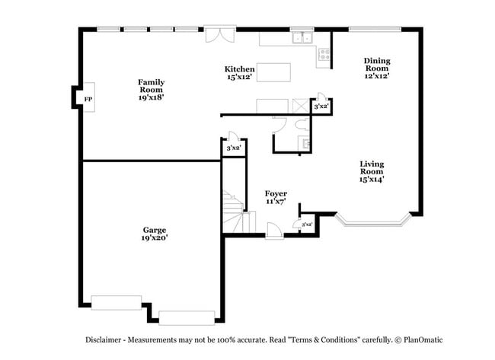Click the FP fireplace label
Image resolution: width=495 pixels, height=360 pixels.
click(88, 99)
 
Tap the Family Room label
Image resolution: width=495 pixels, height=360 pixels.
click(152, 90)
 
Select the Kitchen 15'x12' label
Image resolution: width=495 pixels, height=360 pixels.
click(240, 73)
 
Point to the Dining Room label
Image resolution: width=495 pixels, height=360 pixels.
click(377, 68)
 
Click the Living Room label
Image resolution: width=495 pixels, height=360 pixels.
click(372, 171)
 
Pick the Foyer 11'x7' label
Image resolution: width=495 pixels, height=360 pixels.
click(276, 197)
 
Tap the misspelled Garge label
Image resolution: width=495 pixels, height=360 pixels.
click(155, 234)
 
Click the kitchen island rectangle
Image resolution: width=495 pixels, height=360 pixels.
click(273, 72)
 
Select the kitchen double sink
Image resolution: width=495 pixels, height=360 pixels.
click(302, 37)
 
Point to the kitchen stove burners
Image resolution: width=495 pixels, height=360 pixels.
click(324, 54)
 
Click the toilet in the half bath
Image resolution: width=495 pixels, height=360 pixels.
click(302, 124)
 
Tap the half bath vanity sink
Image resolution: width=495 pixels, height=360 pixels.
click(306, 144)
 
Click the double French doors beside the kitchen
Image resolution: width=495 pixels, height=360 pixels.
click(220, 34)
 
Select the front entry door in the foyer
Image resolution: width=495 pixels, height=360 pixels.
click(274, 231)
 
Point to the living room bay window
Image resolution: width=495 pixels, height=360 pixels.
click(374, 221)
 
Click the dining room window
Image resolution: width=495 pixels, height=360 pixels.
click(375, 29)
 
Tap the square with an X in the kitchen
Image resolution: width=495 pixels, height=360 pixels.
click(301, 106)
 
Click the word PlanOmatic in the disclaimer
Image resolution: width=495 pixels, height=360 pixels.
click(423, 339)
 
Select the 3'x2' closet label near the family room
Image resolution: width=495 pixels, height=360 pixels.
click(234, 148)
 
